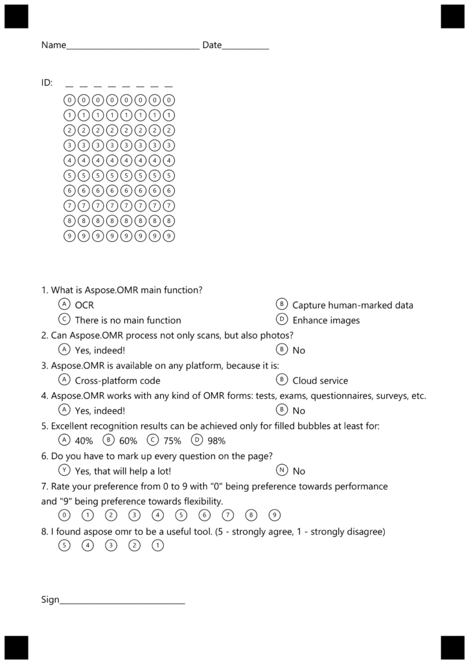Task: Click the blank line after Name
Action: pos(133,47)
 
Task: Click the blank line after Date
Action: pos(246,47)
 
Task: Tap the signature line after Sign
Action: pos(122,601)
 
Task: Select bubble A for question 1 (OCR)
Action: pos(64,304)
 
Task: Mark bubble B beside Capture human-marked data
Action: pos(281,304)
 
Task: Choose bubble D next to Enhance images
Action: pos(281,319)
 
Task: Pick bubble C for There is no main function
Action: pos(64,319)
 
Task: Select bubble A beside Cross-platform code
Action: pos(64,380)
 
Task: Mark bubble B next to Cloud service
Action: pos(281,380)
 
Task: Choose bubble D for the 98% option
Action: pos(198,440)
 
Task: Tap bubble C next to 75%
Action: pos(153,440)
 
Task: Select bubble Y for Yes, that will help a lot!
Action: pos(64,470)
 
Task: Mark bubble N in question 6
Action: pos(281,470)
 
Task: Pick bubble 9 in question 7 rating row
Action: pos(275,516)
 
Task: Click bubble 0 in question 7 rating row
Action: pos(64,516)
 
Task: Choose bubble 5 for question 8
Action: pos(64,545)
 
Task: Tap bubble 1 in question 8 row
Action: pos(157,545)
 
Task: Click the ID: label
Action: pos(47,83)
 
